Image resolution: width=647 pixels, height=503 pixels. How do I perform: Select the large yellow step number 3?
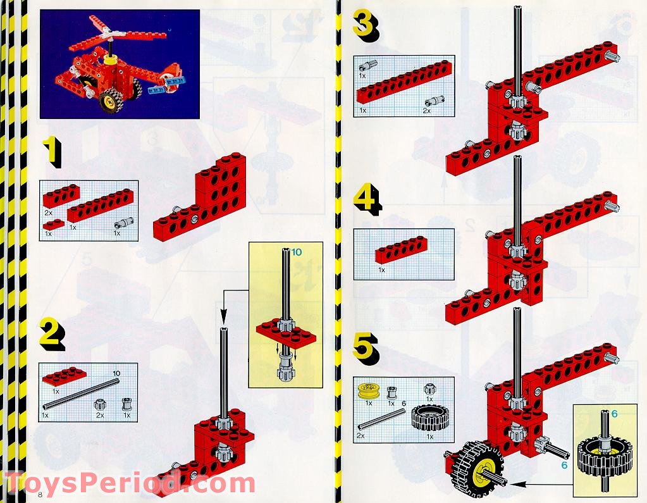click(365, 26)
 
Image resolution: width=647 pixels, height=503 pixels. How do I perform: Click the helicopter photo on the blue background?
click(120, 64)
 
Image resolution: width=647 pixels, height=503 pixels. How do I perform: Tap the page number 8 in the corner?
click(41, 494)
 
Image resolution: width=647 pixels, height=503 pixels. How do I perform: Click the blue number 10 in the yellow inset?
click(297, 252)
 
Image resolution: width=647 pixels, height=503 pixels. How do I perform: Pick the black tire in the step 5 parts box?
click(430, 418)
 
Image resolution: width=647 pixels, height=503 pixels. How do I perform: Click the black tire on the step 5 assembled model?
click(476, 467)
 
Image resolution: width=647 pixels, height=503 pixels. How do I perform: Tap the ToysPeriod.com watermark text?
click(130, 483)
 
